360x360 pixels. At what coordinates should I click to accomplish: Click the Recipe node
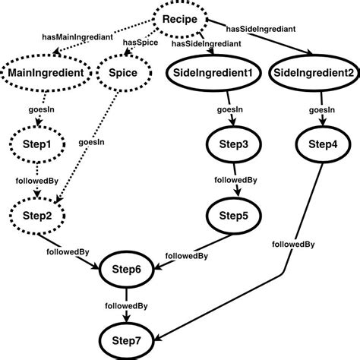point(182,19)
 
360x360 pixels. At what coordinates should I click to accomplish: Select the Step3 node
point(233,144)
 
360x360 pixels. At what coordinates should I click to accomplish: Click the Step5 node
point(233,215)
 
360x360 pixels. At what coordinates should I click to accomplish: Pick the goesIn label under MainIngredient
point(40,109)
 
